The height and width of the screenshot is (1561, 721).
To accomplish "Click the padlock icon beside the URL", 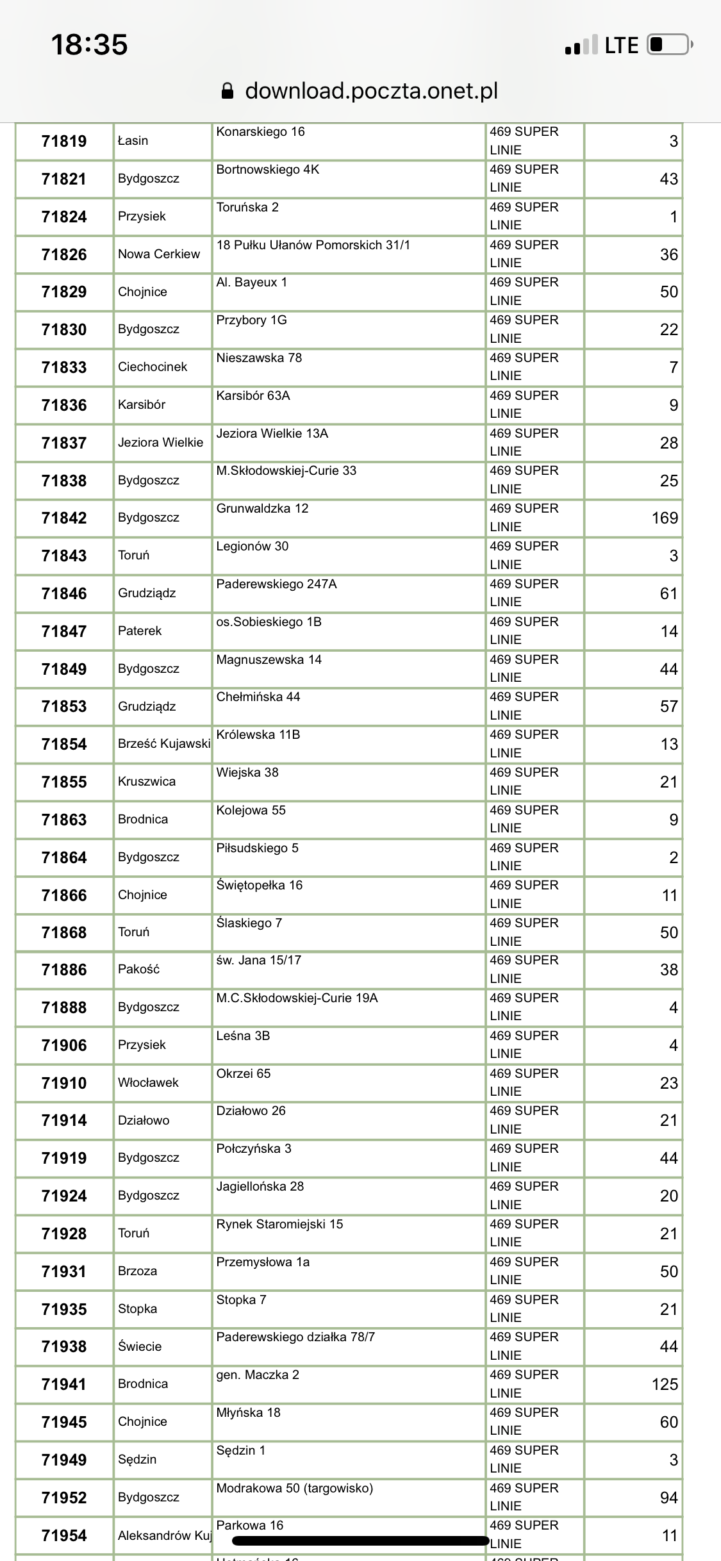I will click(228, 91).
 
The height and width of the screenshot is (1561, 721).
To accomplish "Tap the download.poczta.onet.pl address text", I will click(371, 91).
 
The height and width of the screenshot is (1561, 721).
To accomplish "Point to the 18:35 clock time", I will click(89, 45).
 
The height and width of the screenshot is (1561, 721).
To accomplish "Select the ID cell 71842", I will click(64, 518).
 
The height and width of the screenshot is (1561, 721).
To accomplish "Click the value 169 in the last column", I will click(665, 518).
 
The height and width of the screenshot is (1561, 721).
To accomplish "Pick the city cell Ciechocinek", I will click(153, 367).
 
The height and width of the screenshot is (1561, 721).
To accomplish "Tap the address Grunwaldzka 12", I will click(262, 508).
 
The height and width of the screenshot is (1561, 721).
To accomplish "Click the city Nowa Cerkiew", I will click(159, 254).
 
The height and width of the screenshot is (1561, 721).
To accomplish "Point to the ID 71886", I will click(64, 970).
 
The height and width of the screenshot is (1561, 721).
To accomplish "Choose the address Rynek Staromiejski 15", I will click(279, 1224).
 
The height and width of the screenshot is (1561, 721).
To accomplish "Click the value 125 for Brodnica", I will click(665, 1384).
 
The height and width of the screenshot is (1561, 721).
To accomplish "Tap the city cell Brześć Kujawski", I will click(164, 743).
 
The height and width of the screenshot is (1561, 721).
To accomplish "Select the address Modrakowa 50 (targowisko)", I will click(294, 1488).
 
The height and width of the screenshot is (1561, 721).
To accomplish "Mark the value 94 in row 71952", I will click(668, 1498).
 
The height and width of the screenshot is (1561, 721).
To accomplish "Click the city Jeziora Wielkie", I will click(160, 442).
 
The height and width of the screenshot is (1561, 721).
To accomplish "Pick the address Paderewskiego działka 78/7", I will click(295, 1337).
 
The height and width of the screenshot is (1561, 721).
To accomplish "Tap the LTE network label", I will click(622, 45).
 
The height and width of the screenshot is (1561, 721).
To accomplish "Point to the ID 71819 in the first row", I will click(64, 141).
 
